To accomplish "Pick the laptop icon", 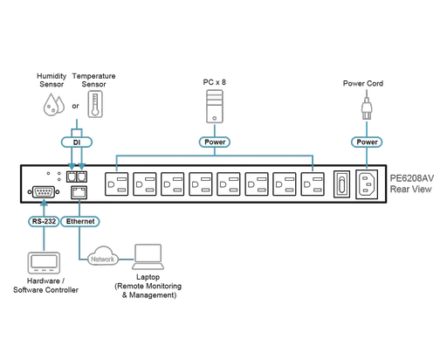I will click(x=148, y=256).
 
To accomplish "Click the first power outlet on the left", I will click(x=118, y=184).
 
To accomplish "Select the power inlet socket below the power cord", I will click(x=367, y=184).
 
